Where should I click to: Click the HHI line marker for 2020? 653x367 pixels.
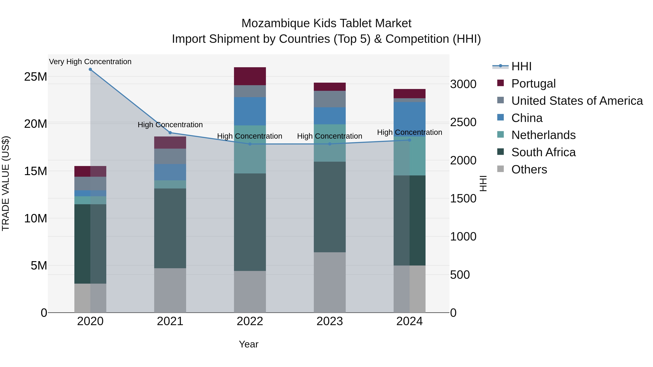[x=90, y=69]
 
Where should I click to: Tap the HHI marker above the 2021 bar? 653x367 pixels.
[x=170, y=133]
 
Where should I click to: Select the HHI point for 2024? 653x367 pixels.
[x=409, y=140]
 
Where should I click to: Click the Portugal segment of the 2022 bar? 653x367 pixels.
[x=250, y=76]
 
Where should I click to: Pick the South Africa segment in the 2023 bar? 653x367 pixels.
[x=330, y=207]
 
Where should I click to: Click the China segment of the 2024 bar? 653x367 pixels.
[x=409, y=119]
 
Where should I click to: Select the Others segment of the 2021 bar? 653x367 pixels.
[x=170, y=290]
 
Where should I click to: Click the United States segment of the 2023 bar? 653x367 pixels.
[x=330, y=99]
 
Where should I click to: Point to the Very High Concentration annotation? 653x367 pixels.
[x=90, y=62]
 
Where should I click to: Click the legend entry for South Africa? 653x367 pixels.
[x=543, y=152]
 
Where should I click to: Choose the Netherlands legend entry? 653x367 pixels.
[x=543, y=135]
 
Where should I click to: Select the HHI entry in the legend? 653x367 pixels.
[x=521, y=66]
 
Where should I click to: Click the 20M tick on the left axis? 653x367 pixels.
[x=36, y=124]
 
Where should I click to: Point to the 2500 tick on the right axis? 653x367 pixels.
[x=463, y=122]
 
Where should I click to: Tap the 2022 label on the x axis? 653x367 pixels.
[x=250, y=321]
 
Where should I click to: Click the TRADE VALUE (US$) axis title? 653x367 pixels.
[x=6, y=183]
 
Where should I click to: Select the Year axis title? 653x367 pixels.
[x=249, y=344]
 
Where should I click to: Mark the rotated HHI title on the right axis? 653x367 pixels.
[x=483, y=183]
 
